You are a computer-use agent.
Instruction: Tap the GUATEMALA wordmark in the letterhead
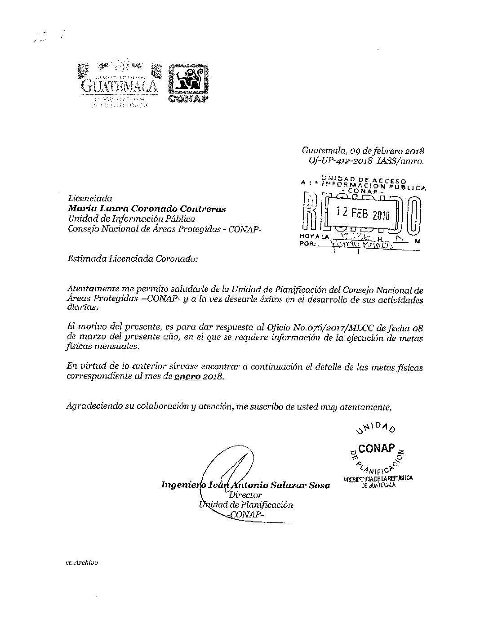tap(119, 86)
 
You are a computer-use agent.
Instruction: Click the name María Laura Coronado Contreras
tap(147, 209)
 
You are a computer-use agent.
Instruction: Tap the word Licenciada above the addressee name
tap(89, 198)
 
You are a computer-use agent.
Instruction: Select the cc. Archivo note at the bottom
tap(82, 562)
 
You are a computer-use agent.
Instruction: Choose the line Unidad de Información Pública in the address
tap(131, 219)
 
